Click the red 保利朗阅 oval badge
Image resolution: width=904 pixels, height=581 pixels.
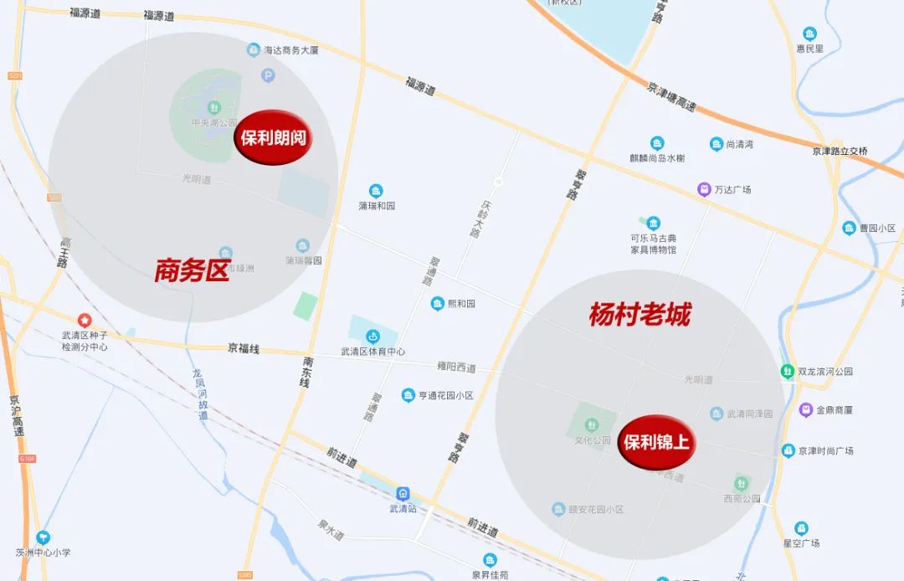tap(273, 138)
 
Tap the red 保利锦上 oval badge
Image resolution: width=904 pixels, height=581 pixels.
tap(657, 442)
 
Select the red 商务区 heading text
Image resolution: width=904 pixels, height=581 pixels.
tap(192, 270)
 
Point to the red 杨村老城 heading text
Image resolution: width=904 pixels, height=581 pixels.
tap(639, 315)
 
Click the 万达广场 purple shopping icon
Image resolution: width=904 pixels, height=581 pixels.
tap(705, 189)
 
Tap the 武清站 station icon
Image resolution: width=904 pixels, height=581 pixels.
tap(403, 494)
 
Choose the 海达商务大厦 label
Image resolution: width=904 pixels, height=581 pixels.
tap(291, 50)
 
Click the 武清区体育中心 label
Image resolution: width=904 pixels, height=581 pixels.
tap(372, 352)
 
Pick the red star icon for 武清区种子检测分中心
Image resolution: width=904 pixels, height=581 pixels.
tap(85, 320)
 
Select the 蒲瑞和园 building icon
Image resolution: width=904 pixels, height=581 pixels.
tap(376, 191)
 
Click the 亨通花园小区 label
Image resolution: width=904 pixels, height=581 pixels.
tap(446, 395)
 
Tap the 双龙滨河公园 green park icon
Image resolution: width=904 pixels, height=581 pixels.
tap(787, 371)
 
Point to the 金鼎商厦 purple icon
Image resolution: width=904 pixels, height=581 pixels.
tap(805, 409)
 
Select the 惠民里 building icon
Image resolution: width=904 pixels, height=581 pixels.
tap(809, 33)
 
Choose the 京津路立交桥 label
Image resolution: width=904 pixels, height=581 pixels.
tap(840, 152)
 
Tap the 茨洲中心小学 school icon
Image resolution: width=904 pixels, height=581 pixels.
tap(43, 537)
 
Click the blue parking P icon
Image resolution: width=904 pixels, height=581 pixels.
tap(268, 76)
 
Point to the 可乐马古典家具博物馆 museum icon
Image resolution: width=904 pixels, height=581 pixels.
tap(653, 223)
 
